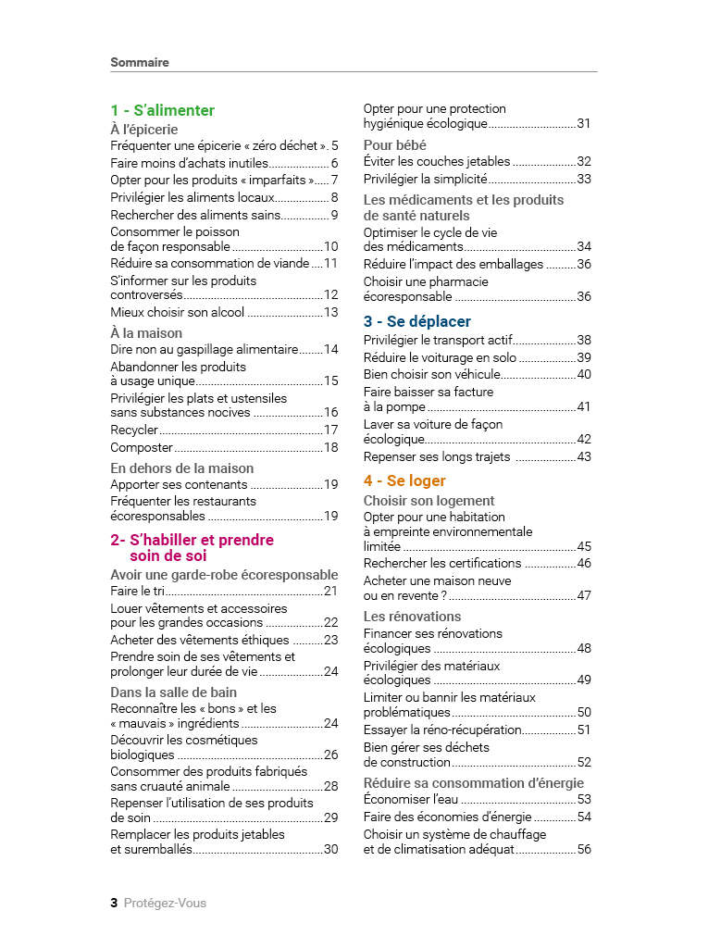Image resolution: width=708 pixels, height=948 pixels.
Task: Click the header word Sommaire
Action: click(x=140, y=63)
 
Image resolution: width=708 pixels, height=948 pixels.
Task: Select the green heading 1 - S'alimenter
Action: click(x=162, y=111)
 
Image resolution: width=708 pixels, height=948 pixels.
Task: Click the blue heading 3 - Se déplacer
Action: click(x=416, y=321)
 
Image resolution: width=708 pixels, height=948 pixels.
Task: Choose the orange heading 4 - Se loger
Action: click(x=404, y=480)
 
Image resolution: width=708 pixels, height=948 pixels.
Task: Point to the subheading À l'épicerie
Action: click(x=143, y=130)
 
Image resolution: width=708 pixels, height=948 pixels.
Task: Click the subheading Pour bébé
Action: click(x=394, y=145)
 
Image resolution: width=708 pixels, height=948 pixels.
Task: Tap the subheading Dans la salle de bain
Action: click(x=173, y=692)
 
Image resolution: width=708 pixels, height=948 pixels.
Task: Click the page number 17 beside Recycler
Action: click(x=330, y=430)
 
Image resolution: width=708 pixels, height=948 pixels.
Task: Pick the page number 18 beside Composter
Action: click(x=330, y=448)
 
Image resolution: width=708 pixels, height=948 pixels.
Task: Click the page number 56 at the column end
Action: click(x=584, y=850)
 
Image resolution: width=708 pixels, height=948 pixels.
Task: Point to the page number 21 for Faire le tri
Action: click(x=330, y=591)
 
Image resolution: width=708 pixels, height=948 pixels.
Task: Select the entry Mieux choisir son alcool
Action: click(x=178, y=313)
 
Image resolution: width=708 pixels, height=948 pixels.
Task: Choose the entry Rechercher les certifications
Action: click(x=442, y=563)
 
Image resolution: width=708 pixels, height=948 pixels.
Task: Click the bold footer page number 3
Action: click(x=114, y=903)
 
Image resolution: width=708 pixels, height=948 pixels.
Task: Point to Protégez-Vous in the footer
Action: click(x=165, y=903)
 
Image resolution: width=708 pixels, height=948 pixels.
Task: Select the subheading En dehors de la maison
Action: click(x=181, y=468)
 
